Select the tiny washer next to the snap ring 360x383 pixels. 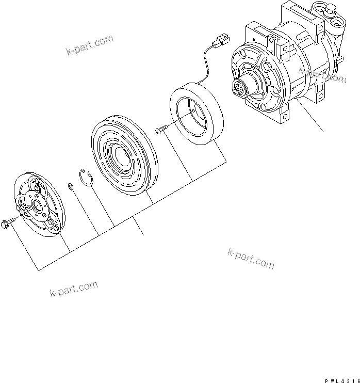(70, 186)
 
